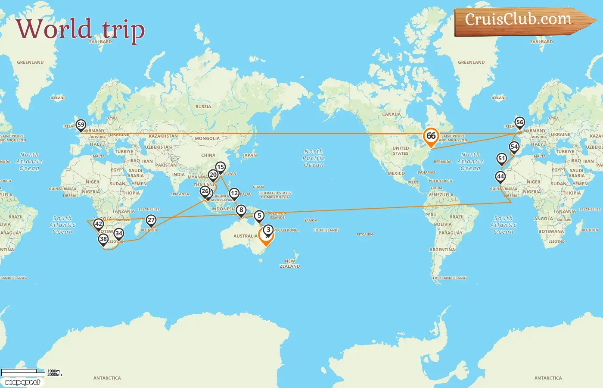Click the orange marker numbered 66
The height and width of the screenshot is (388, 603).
(x=431, y=136)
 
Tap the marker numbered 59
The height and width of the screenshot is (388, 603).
(x=81, y=125)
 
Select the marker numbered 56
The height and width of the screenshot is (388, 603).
(x=520, y=122)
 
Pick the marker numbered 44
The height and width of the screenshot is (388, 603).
(x=500, y=176)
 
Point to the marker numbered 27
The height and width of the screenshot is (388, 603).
(x=151, y=220)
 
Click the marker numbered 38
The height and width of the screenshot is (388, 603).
(x=103, y=239)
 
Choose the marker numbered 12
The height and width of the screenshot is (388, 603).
(x=234, y=193)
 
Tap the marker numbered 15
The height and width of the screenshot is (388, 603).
(x=220, y=167)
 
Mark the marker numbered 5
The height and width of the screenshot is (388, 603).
(x=259, y=216)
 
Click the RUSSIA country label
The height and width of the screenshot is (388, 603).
(x=203, y=106)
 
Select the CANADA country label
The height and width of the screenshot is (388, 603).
(x=391, y=114)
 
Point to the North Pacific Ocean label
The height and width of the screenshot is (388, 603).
(x=314, y=158)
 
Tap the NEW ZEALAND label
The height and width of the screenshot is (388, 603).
(x=290, y=263)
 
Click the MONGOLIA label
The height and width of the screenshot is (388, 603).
(x=207, y=138)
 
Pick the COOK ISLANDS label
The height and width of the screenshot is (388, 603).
(x=326, y=230)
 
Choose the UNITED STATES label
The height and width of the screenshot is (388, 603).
(x=401, y=150)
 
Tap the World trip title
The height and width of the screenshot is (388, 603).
(x=80, y=29)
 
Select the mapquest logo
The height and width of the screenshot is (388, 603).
(x=23, y=382)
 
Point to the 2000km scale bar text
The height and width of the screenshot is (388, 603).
(x=55, y=375)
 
